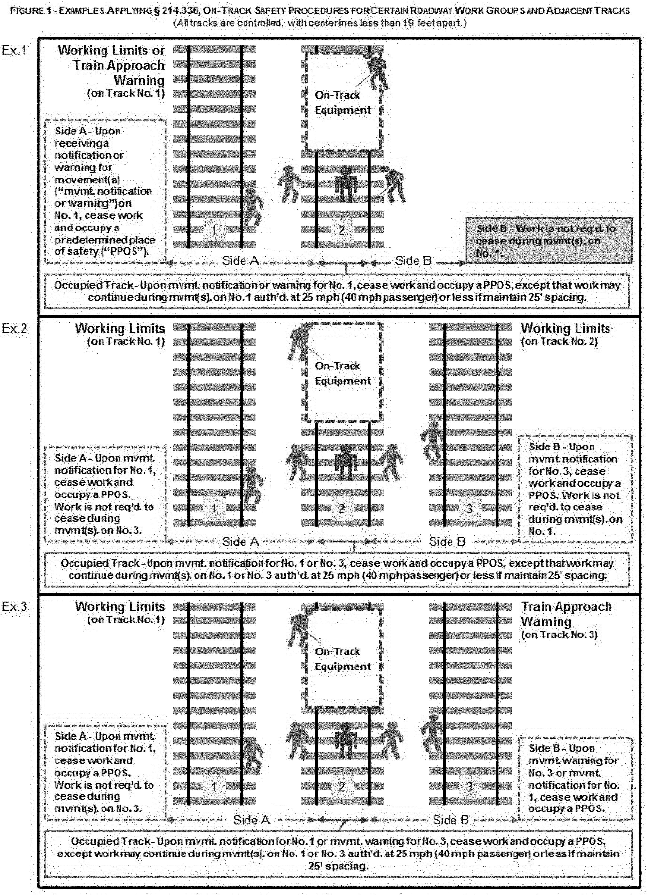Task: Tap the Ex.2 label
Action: pos(15,329)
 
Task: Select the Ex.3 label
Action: pos(15,606)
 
